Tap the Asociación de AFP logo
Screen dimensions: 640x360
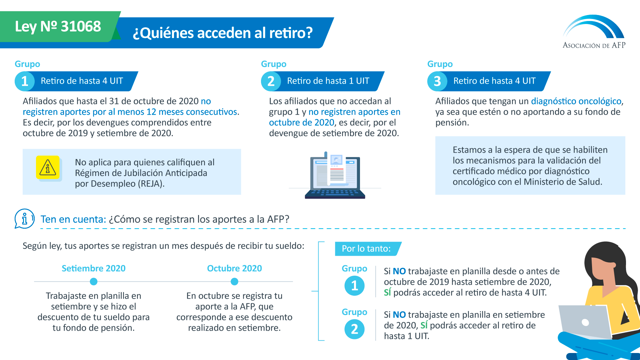(594, 32)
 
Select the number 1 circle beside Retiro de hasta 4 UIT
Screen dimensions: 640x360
(25, 81)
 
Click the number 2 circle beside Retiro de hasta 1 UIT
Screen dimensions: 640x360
(271, 81)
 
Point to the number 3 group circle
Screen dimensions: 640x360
(437, 81)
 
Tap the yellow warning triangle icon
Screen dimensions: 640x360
(48, 168)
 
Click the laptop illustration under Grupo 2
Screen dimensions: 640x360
(335, 176)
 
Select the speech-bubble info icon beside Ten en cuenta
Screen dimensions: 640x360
(24, 219)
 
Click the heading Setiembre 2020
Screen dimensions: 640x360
(94, 268)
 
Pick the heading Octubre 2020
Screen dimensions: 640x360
(234, 268)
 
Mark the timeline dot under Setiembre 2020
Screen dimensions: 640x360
(94, 282)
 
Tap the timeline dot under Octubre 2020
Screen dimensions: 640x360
(234, 282)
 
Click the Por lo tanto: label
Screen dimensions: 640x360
(366, 249)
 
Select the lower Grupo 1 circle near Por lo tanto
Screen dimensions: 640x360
(354, 286)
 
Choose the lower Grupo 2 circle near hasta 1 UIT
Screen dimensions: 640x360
(354, 329)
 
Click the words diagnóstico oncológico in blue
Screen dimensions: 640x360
(576, 101)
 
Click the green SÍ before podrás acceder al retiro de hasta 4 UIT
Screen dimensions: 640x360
(387, 293)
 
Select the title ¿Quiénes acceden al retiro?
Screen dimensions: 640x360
(223, 33)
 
